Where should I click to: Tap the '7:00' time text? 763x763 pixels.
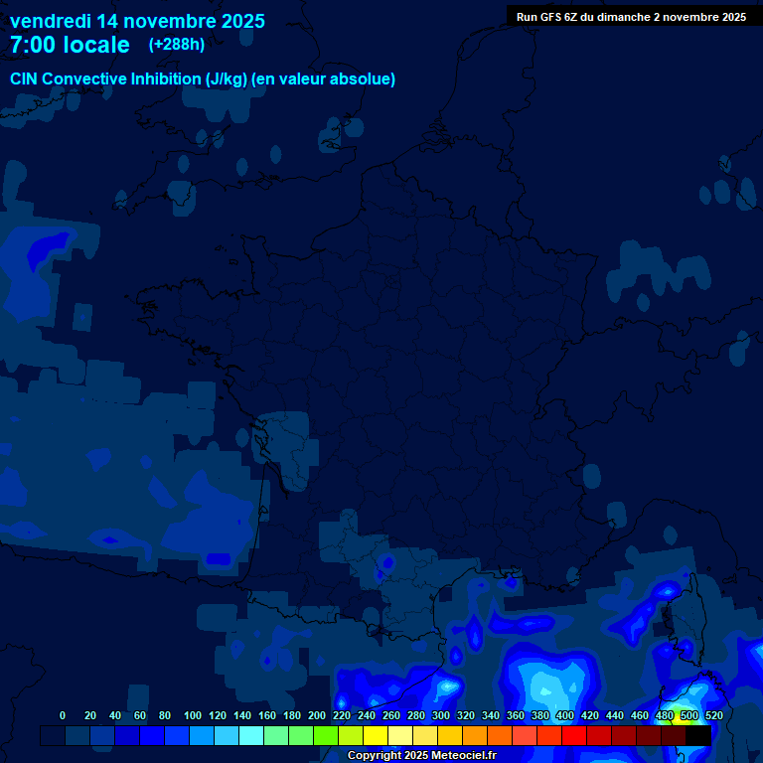coord(32,45)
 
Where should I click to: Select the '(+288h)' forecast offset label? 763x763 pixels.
coord(177,45)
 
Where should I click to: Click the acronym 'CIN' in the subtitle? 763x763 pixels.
coord(26,79)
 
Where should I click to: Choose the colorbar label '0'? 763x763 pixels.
coord(63,715)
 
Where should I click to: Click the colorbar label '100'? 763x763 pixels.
coord(193,715)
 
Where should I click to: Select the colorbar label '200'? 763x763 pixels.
coord(317,715)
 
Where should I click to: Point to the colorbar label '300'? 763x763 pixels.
coord(441,715)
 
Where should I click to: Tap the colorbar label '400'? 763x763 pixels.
coord(565,715)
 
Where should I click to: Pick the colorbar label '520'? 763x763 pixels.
coord(713,715)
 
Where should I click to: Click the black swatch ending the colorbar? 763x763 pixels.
coord(698,735)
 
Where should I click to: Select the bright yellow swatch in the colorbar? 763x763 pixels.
coord(376,735)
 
